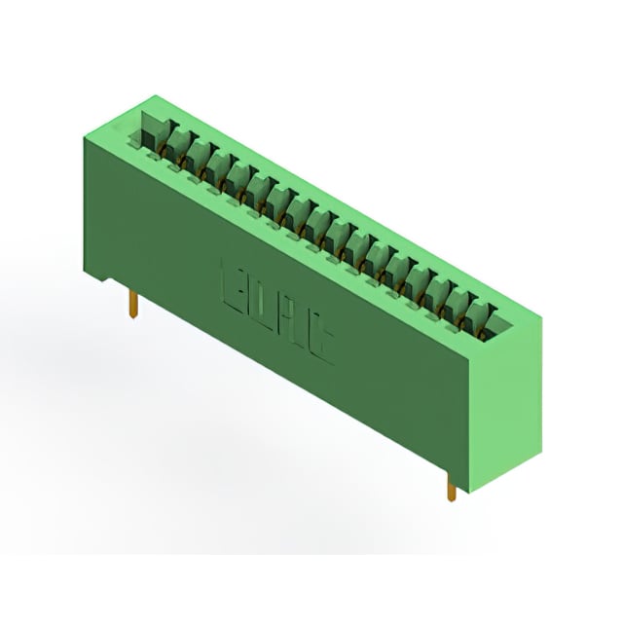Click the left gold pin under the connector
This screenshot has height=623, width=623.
132,304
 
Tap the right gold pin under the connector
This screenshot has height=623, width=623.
452,487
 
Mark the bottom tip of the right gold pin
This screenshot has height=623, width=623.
452,500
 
